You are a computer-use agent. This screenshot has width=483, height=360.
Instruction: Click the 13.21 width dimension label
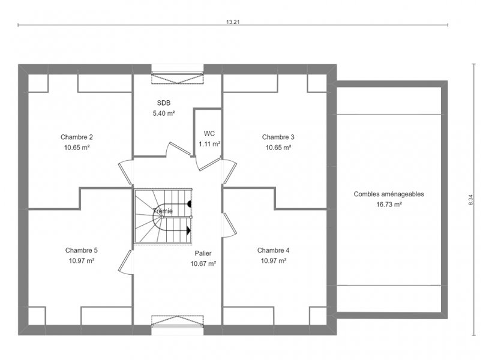pyautogui.click(x=233, y=22)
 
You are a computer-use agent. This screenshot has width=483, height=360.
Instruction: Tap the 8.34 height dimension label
pyautogui.click(x=470, y=200)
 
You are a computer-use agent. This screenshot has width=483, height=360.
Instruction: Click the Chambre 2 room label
pyautogui.click(x=77, y=137)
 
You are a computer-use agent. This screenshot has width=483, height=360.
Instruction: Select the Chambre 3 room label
pyautogui.click(x=278, y=137)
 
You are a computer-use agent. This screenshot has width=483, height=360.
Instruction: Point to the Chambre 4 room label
pyautogui.click(x=273, y=250)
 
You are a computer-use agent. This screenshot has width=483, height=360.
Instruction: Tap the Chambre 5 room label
pyautogui.click(x=82, y=250)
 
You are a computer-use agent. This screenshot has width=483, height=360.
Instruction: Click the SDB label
pyautogui.click(x=164, y=103)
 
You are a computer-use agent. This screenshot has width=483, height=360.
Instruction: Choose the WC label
pyautogui.click(x=209, y=134)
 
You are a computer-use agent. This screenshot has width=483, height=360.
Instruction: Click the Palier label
pyautogui.click(x=203, y=253)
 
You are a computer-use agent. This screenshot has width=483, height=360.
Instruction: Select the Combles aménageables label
pyautogui.click(x=389, y=194)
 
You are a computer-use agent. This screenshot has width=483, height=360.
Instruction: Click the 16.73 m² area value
pyautogui.click(x=389, y=205)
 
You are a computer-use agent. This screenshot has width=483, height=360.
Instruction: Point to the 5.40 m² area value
pyautogui.click(x=164, y=113)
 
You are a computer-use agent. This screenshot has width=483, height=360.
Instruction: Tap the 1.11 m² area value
pyautogui.click(x=209, y=144)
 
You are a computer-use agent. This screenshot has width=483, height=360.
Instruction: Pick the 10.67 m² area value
pyautogui.click(x=203, y=263)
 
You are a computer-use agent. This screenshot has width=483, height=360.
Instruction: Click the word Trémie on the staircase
pyautogui.click(x=163, y=211)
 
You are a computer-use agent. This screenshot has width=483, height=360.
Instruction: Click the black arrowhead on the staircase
pyautogui.click(x=189, y=230)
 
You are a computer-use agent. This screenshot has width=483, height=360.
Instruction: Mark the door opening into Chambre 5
pyautogui.click(x=125, y=262)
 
